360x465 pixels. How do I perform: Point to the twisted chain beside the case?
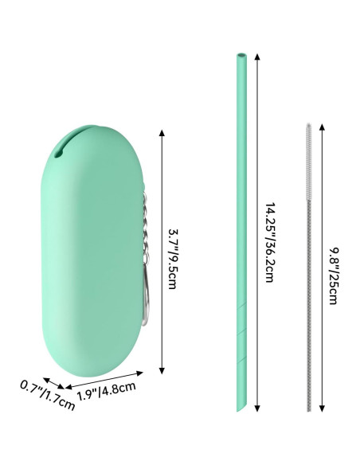pos(145,231)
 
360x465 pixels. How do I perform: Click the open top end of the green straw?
pos(240,57)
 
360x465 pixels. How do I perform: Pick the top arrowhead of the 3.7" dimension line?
pos(162,131)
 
